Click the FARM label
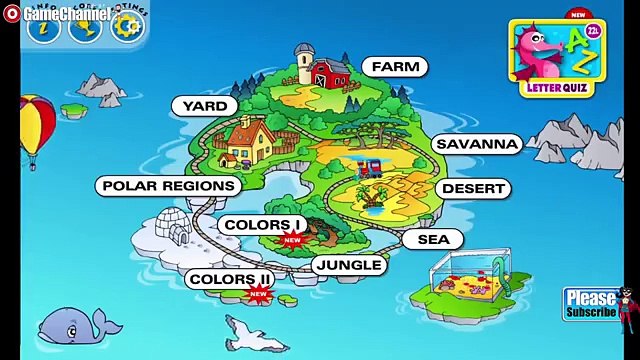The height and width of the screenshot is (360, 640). pyautogui.click(x=395, y=67)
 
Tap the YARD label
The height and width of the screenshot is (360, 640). pyautogui.click(x=204, y=105)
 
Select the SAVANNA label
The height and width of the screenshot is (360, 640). pyautogui.click(x=477, y=144)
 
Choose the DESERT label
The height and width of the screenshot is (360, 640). pyautogui.click(x=473, y=188)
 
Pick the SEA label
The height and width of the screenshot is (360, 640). pyautogui.click(x=433, y=239)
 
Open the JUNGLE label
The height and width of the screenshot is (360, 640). pyautogui.click(x=348, y=264)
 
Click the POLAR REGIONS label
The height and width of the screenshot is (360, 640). pyautogui.click(x=168, y=185)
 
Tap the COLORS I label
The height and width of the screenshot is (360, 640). pyautogui.click(x=264, y=225)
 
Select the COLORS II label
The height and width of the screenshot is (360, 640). pyautogui.click(x=229, y=279)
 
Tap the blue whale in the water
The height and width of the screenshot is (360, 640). pyautogui.click(x=76, y=324)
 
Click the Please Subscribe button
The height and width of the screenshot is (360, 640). pyautogui.click(x=590, y=303)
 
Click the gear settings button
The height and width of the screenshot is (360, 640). pyautogui.click(x=126, y=26)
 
